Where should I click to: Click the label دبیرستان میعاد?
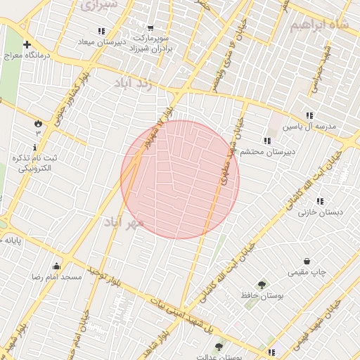pos(101,41)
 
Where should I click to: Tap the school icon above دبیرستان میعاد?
pos(101,31)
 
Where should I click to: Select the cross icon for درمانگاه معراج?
pos(27,44)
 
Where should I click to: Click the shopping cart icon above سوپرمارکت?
pos(148,29)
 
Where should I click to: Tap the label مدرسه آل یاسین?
pos(310,127)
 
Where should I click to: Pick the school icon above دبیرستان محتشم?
pos(266,141)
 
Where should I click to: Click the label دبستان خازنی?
pos(319,211)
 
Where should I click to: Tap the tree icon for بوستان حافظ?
pos(262,285)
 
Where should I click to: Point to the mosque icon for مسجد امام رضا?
pos(57,266)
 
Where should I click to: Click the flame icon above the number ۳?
pos(37,124)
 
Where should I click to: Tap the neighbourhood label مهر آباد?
pos(124,222)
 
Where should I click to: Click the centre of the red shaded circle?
pos(180,179)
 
